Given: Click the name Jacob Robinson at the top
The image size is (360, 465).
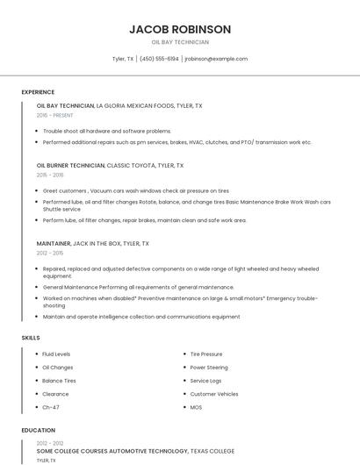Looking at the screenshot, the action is pyautogui.click(x=180, y=29).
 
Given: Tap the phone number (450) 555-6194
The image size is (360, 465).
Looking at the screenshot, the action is pyautogui.click(x=159, y=59).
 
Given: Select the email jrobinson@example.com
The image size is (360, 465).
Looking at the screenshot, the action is pyautogui.click(x=216, y=59).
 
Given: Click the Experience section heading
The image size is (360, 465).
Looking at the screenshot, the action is pyautogui.click(x=38, y=92).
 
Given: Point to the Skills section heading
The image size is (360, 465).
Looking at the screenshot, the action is pyautogui.click(x=31, y=338).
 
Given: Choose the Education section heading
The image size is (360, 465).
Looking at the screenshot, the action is pyautogui.click(x=38, y=431).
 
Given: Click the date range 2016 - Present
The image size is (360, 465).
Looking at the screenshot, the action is pyautogui.click(x=56, y=115).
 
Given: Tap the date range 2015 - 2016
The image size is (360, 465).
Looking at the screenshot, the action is pyautogui.click(x=51, y=175).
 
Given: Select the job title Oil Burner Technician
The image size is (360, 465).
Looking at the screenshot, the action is pyautogui.click(x=70, y=165).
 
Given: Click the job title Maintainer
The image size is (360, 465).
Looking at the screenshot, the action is pyautogui.click(x=54, y=243).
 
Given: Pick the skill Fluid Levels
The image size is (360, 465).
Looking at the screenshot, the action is pyautogui.click(x=56, y=354).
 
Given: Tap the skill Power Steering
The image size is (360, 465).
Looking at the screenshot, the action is pyautogui.click(x=209, y=368).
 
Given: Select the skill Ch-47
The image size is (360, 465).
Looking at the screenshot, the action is pyautogui.click(x=51, y=407).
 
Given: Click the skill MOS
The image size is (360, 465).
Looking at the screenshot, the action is pyautogui.click(x=196, y=407).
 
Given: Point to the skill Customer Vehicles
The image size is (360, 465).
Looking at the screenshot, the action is pyautogui.click(x=214, y=394).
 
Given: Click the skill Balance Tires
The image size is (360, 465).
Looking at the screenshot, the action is pyautogui.click(x=59, y=381).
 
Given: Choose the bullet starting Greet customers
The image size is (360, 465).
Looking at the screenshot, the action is pyautogui.click(x=135, y=190).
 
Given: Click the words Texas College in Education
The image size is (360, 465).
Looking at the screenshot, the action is pyautogui.click(x=212, y=451).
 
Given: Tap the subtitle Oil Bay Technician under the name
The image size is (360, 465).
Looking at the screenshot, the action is pyautogui.click(x=180, y=42).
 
